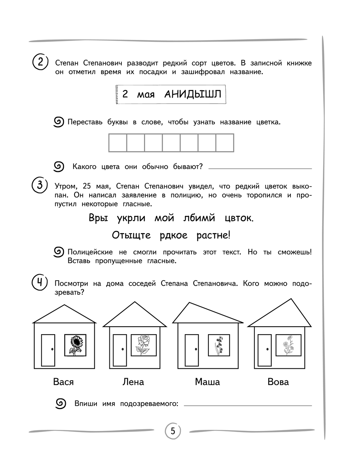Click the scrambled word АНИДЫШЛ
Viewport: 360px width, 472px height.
pos(193,94)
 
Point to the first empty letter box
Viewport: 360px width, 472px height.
pos(118,143)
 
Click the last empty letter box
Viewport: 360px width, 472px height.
pos(225,143)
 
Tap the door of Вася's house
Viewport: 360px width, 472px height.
pos(48,350)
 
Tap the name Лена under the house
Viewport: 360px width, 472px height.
pos(133,382)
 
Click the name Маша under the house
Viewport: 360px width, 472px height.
pos(207,382)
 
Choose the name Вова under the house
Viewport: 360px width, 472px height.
pos(278,382)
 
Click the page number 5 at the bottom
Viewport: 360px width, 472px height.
pos(173,431)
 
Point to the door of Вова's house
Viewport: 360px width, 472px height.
pos(265,350)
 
